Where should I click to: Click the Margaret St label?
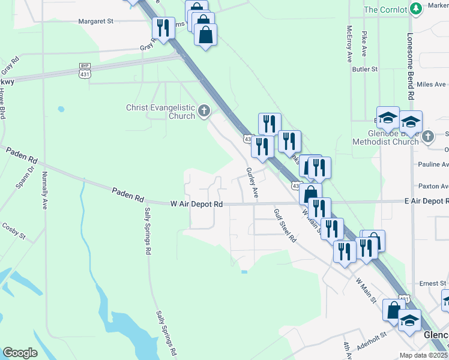(95, 21)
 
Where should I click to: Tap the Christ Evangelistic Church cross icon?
(204, 111)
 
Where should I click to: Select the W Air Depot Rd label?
(197, 204)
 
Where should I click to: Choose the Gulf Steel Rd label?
(285, 225)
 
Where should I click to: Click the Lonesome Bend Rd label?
(411, 67)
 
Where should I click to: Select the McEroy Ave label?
(349, 44)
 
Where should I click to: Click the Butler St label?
(364, 69)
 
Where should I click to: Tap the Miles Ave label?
(431, 85)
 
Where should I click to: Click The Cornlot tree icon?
(416, 9)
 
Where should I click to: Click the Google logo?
(20, 353)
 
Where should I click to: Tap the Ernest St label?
(433, 283)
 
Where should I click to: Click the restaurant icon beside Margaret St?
(163, 27)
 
